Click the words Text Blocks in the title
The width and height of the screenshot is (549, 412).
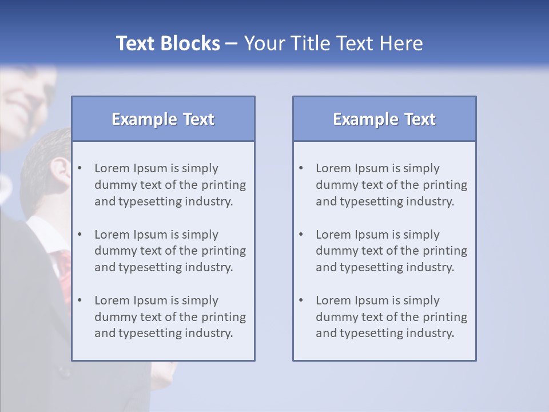coord(168,43)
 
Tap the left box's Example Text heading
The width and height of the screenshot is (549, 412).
coord(163,119)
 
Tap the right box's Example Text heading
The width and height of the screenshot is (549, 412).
coord(384,119)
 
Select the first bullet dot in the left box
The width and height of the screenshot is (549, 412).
coord(79,168)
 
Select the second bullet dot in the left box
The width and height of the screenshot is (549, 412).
coord(79,235)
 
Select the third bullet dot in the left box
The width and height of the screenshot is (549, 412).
coord(79,300)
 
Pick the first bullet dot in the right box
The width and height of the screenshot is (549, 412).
coord(301,168)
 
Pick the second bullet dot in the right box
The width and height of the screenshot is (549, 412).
coord(301,235)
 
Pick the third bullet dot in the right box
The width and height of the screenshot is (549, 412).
coord(301,300)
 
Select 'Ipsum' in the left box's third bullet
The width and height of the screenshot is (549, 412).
coord(150,300)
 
